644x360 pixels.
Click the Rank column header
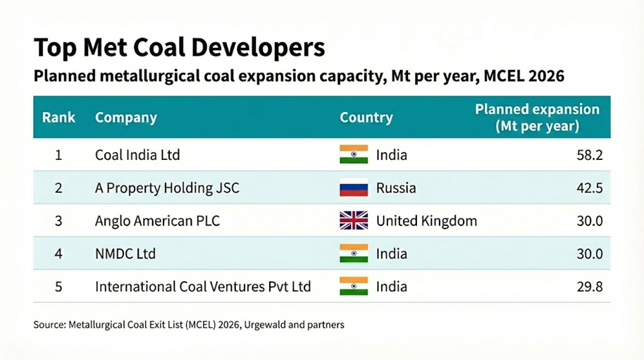[x=58, y=118]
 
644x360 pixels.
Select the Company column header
[x=125, y=118]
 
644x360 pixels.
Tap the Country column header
[x=366, y=118]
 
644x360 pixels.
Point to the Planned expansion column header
[x=537, y=118]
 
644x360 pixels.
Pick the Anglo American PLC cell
[x=157, y=221]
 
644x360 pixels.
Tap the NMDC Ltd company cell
[x=125, y=254]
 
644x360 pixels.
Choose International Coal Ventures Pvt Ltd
[x=203, y=287]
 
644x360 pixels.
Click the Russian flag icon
[x=354, y=188]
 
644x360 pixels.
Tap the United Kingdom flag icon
[x=354, y=221]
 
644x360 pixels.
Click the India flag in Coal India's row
[x=354, y=155]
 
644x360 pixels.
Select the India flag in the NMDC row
[x=354, y=254]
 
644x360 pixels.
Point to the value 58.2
[x=589, y=155]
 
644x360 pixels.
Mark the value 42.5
[x=589, y=188]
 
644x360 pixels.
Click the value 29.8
[x=589, y=287]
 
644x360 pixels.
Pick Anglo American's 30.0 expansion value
[x=589, y=221]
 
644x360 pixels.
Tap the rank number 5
[x=58, y=287]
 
